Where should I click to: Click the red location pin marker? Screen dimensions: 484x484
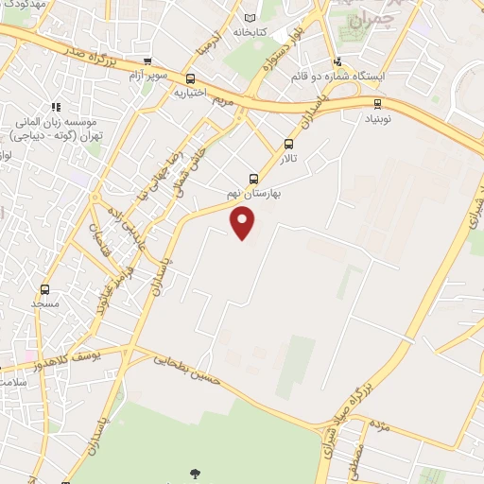click(x=243, y=223)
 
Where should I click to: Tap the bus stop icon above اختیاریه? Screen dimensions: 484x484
click(x=190, y=79)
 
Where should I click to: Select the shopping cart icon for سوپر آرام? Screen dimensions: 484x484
click(x=147, y=61)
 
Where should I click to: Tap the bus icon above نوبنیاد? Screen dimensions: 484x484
click(x=377, y=104)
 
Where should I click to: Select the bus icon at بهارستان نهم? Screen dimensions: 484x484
click(x=252, y=178)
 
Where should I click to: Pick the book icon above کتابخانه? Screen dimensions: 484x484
click(x=250, y=17)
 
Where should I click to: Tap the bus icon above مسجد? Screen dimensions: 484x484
click(x=44, y=290)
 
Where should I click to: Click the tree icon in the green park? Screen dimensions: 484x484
click(x=196, y=473)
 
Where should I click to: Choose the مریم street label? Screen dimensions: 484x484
click(x=222, y=98)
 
